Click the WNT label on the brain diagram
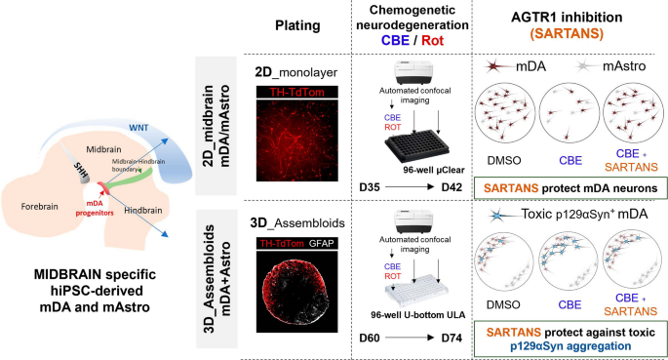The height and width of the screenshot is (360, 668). click(x=138, y=128)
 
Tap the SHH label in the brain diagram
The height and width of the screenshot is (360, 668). click(x=81, y=170)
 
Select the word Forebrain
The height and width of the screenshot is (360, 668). click(x=39, y=207)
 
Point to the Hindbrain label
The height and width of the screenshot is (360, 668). click(x=143, y=211)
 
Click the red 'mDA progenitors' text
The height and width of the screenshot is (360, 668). click(x=95, y=209)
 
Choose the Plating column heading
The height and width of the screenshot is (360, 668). click(x=297, y=25)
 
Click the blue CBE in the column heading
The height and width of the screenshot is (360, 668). click(x=395, y=40)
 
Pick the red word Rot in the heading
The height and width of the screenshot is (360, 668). click(x=432, y=40)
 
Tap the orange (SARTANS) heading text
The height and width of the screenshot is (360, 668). click(x=567, y=33)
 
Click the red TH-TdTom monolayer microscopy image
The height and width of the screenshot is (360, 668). click(x=296, y=140)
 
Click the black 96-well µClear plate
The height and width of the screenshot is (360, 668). click(x=416, y=147)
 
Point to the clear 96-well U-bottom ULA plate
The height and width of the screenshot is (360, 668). click(x=416, y=291)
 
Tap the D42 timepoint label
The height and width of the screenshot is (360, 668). click(x=452, y=187)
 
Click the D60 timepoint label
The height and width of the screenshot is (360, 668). click(x=370, y=338)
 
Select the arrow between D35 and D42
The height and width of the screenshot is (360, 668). click(x=410, y=187)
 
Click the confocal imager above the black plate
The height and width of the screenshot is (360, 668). click(x=414, y=73)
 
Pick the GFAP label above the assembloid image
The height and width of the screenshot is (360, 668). click(x=321, y=243)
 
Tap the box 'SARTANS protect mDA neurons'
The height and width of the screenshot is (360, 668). click(x=570, y=188)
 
